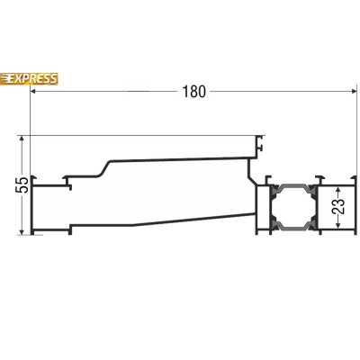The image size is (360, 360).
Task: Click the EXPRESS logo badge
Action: point(29,79)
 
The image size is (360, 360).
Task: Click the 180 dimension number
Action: point(194,92)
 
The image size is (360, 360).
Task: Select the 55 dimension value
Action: point(22,184)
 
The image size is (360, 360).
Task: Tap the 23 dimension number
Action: point(338,206)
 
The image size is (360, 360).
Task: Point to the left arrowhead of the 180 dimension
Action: point(33,92)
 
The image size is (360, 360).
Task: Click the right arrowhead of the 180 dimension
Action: point(354,92)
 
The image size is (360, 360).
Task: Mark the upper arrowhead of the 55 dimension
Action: point(22,139)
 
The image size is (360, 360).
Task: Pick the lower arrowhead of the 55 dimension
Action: point(22,231)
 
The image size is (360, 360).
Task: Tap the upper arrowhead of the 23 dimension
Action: point(338,191)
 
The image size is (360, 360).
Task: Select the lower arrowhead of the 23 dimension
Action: point(338,224)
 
